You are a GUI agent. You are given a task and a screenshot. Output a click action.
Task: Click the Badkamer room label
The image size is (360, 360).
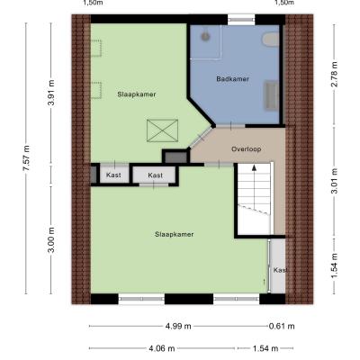point(232,79)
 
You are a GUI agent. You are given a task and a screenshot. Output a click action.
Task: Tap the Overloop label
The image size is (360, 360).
point(246,148)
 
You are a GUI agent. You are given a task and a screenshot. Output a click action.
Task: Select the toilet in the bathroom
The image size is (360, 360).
point(271,40)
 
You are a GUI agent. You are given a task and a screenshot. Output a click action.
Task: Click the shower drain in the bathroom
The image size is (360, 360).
point(205,36)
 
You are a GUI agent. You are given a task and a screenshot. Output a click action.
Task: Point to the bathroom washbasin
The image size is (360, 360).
point(271,95)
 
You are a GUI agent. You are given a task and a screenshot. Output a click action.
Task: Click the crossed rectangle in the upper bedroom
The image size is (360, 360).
point(162,130)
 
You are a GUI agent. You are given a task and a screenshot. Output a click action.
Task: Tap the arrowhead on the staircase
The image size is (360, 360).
point(254,167)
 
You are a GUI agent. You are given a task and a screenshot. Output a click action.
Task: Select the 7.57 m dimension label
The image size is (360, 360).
point(26,157)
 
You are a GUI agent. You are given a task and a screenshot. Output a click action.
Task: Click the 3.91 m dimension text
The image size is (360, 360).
point(51,93)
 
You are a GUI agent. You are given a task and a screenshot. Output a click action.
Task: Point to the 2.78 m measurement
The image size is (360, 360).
point(334,74)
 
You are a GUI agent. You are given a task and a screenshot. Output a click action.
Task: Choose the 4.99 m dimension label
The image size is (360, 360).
point(178,326)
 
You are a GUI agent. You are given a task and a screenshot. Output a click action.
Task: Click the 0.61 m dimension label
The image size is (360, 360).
point(282,326)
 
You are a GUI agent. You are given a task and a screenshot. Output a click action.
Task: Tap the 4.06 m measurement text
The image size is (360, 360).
point(162,348)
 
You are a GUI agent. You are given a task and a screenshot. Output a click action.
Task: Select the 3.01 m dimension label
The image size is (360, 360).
point(334,181)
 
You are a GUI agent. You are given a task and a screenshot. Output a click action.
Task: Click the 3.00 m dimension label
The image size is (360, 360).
point(51,239)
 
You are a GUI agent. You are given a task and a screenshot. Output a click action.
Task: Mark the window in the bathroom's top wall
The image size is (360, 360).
point(241,20)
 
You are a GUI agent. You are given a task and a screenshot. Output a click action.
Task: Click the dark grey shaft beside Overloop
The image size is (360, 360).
point(176,157)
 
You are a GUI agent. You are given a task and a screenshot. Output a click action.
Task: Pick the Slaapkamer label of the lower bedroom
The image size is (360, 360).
point(174,234)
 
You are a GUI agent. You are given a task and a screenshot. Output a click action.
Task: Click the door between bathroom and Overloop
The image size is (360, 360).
point(230,126)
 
